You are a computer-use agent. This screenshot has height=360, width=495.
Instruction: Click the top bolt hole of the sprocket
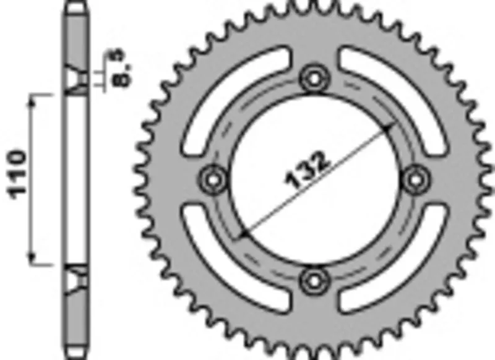[x=314, y=79]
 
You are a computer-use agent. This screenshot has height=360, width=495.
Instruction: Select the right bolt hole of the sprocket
[x=414, y=179]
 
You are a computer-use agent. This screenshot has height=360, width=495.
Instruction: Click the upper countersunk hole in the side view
[x=75, y=80]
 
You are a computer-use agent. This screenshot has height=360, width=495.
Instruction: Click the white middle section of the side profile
[x=75, y=179]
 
